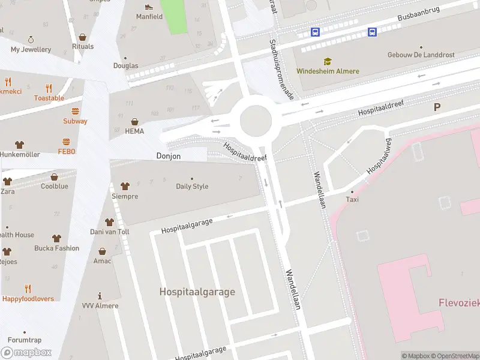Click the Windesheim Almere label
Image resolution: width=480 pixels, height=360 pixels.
point(328,71)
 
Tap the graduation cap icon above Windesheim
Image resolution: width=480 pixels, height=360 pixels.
point(328,61)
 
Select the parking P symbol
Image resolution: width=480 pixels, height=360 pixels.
point(437,107)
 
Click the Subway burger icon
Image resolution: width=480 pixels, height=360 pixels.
point(75,111)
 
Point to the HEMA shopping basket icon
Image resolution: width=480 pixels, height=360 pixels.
point(134,122)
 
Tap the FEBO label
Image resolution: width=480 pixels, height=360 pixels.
point(67,152)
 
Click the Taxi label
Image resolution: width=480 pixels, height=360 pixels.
point(352,199)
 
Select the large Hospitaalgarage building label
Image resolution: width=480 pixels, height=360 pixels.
point(197,292)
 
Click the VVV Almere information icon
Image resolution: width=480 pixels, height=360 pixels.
point(100,296)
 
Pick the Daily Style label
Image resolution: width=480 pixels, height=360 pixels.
point(192,186)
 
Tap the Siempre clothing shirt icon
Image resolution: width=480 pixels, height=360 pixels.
point(125,187)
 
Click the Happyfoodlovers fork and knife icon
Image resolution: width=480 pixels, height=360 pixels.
point(28,289)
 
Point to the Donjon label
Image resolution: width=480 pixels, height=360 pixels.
point(168,156)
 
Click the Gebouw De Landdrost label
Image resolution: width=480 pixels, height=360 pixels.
point(421,55)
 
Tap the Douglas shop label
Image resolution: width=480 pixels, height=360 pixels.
point(125,66)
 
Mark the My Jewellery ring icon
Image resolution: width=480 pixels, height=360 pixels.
point(31,39)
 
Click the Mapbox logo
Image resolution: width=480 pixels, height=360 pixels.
point(26,353)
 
